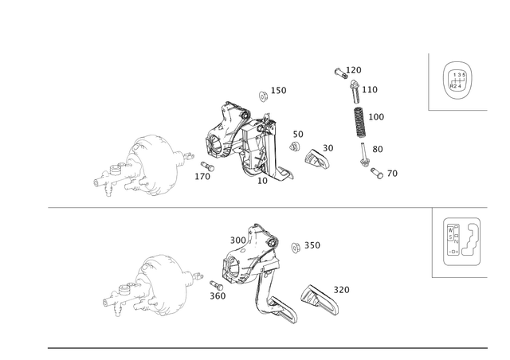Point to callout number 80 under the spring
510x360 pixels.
378,148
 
